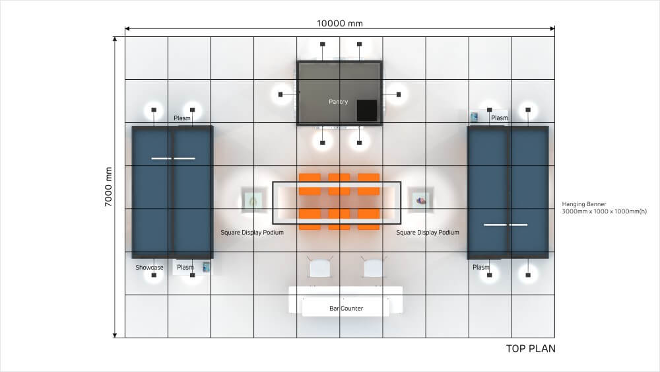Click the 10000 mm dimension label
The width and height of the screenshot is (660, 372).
pyautogui.click(x=340, y=23)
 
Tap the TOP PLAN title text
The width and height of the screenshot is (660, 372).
pyautogui.click(x=531, y=348)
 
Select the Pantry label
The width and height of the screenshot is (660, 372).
pyautogui.click(x=338, y=102)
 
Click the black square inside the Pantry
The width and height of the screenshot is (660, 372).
pyautogui.click(x=366, y=110)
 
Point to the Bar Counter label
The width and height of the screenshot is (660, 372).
pyautogui.click(x=346, y=309)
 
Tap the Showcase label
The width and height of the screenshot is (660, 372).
pyautogui.click(x=149, y=268)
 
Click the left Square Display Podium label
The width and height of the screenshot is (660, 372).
pyautogui.click(x=252, y=233)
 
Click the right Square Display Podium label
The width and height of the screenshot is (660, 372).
pyautogui.click(x=428, y=233)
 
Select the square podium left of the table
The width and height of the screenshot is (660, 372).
pyautogui.click(x=252, y=200)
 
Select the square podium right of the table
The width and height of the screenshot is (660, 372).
pyautogui.click(x=420, y=200)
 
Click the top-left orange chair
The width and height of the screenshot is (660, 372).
pyautogui.click(x=309, y=184)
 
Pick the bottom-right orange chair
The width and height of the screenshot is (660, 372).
pyautogui.click(x=368, y=219)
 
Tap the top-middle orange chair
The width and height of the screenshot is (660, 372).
pyautogui.click(x=339, y=184)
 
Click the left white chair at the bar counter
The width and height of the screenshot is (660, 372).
pyautogui.click(x=319, y=268)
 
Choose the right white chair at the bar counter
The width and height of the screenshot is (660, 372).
pyautogui.click(x=373, y=268)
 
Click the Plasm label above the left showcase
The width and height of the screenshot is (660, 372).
pyautogui.click(x=182, y=118)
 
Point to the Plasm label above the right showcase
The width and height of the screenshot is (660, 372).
pyautogui.click(x=500, y=118)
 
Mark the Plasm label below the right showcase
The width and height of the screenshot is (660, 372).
pyautogui.click(x=481, y=268)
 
